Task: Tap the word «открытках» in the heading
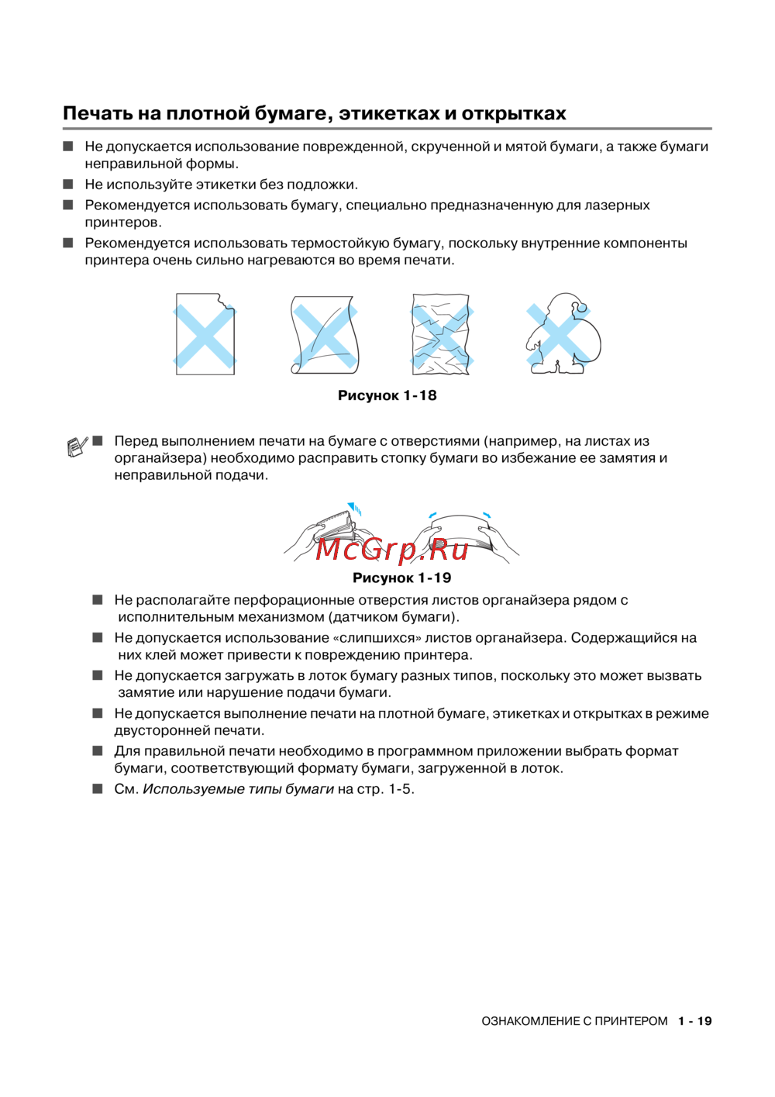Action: pyautogui.click(x=514, y=114)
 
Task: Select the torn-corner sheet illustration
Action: pyautogui.click(x=205, y=334)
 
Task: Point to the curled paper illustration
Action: pyautogui.click(x=325, y=334)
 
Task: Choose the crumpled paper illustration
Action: pyautogui.click(x=441, y=334)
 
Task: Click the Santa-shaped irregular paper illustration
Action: pyautogui.click(x=563, y=334)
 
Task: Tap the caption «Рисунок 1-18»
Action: pyautogui.click(x=387, y=395)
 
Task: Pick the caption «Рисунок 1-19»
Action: pyautogui.click(x=401, y=578)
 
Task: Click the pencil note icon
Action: pyautogui.click(x=76, y=447)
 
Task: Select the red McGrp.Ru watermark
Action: pyautogui.click(x=392, y=550)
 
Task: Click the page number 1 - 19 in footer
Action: pyautogui.click(x=694, y=1021)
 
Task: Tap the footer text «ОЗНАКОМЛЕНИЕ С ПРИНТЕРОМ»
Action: pyautogui.click(x=574, y=1021)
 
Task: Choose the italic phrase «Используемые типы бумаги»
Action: pyautogui.click(x=238, y=789)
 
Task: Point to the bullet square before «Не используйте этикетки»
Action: pyautogui.click(x=68, y=185)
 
